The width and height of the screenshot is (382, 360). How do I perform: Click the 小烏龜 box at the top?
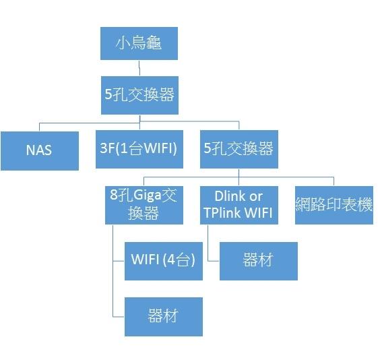point(139,43)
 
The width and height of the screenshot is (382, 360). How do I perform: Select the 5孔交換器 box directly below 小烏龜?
point(139,95)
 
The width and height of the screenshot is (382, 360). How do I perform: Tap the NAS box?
point(40,151)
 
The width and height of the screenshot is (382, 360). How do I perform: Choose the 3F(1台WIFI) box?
point(139,149)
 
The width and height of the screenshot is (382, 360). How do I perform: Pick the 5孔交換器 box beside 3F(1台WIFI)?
point(239,149)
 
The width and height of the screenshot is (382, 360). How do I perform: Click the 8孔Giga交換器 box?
point(144,205)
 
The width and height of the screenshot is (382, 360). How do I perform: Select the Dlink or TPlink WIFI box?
point(239,205)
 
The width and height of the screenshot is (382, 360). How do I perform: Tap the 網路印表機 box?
point(334,205)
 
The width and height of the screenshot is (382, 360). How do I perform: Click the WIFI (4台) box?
point(164,261)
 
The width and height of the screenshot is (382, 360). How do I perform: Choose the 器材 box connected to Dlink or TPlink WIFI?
point(259,261)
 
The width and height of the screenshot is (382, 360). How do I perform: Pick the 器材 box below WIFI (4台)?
point(164,317)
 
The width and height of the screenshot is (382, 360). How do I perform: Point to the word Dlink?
point(230,196)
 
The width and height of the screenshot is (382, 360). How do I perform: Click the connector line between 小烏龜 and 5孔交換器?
point(139,68)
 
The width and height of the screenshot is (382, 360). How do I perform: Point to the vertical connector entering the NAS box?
point(40,127)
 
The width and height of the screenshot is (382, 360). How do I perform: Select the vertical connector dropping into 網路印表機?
point(333,181)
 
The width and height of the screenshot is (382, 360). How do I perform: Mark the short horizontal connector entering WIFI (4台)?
point(119,261)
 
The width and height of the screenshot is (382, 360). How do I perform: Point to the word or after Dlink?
point(255,197)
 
